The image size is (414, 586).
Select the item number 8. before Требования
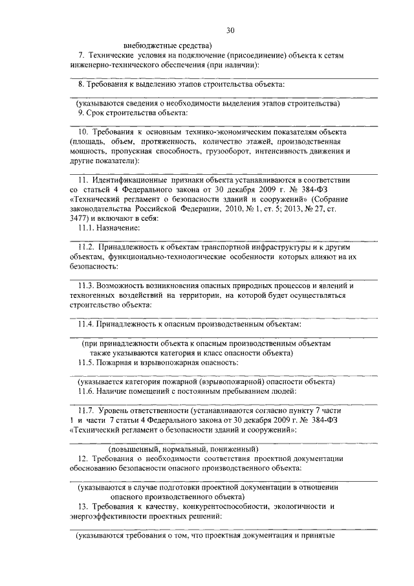(x=81, y=85)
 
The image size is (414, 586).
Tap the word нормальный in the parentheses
(x=182, y=448)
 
